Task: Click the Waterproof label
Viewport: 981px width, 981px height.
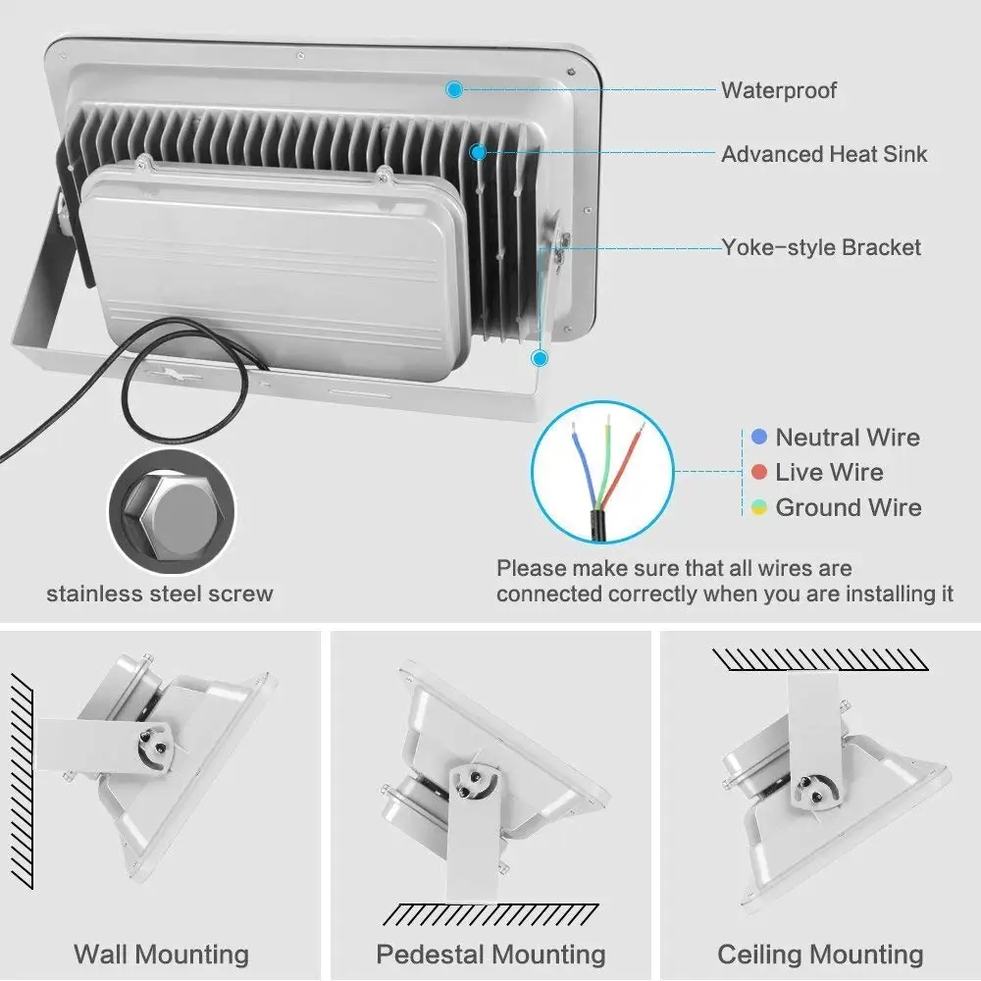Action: (x=779, y=90)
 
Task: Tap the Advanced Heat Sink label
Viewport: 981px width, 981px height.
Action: (x=824, y=154)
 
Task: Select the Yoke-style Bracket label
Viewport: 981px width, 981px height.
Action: (x=821, y=247)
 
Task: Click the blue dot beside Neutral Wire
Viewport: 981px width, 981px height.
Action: (x=758, y=437)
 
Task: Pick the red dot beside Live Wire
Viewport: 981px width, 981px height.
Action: (x=758, y=472)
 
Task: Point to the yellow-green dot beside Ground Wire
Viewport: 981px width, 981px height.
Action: (x=758, y=507)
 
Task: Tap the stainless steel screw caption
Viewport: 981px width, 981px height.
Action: (x=160, y=594)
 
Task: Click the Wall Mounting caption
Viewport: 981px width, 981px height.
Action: (x=161, y=954)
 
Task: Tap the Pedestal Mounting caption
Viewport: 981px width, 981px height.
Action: (x=490, y=954)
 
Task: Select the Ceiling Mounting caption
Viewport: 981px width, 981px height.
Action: (x=820, y=954)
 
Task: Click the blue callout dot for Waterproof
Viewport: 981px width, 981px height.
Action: (x=453, y=89)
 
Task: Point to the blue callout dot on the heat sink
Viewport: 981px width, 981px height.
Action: (x=478, y=152)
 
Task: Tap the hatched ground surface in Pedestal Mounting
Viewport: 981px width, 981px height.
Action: (x=490, y=915)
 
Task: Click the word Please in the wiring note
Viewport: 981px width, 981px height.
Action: (x=530, y=568)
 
